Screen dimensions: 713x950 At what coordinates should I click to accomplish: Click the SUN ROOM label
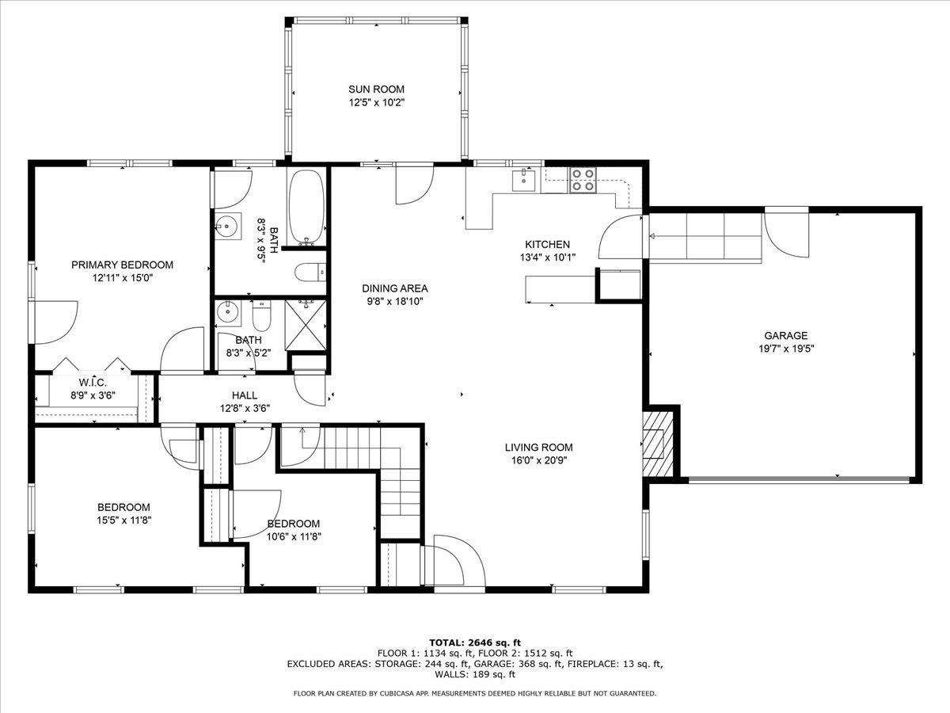point(376,90)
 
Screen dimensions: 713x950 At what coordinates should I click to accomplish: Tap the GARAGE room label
point(785,335)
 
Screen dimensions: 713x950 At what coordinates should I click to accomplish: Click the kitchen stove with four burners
point(584,180)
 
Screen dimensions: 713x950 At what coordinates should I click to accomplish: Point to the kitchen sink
point(524,181)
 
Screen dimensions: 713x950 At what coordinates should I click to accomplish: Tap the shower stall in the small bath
point(307,325)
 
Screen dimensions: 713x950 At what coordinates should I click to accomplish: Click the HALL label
point(244,395)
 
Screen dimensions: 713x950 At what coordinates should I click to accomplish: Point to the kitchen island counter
point(560,289)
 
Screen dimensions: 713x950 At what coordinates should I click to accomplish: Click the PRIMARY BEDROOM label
point(122,265)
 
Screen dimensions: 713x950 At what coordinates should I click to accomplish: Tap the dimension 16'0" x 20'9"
point(538,459)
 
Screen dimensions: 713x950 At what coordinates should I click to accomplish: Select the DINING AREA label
point(395,288)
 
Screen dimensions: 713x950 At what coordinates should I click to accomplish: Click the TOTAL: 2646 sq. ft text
point(474,642)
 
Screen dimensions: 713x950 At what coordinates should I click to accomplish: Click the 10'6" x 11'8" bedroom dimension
point(293,536)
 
